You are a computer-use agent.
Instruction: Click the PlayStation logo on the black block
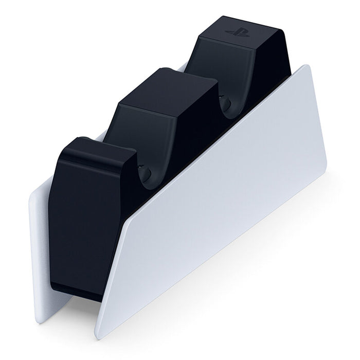[x=238, y=32]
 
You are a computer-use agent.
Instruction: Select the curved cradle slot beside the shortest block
[x=144, y=172]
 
